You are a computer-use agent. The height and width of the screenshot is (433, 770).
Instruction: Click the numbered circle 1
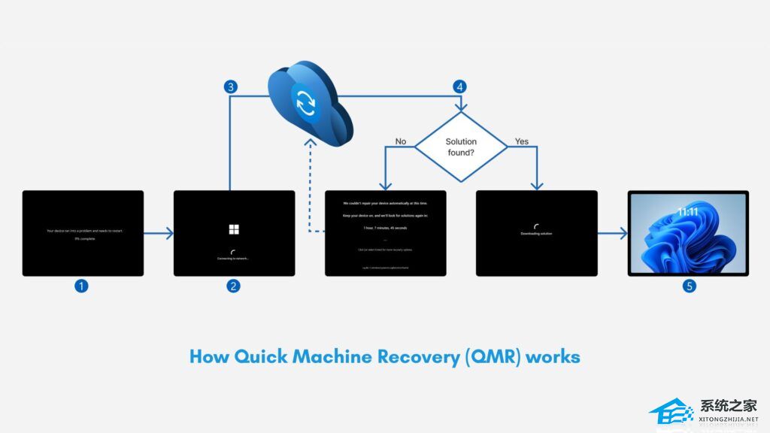click(82, 286)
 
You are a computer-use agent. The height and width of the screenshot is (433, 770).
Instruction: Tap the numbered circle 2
click(234, 286)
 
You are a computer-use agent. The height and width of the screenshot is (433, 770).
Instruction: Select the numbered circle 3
click(232, 86)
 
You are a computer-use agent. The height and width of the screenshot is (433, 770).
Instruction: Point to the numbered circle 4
click(459, 86)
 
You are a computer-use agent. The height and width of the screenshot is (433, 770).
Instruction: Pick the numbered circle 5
click(688, 286)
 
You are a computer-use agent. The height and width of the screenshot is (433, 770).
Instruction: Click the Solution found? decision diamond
click(461, 147)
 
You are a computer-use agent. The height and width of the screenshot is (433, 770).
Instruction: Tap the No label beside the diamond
click(401, 141)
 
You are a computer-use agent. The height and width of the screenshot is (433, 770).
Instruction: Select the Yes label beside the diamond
click(521, 141)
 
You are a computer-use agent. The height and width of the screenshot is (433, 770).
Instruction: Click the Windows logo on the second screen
click(234, 229)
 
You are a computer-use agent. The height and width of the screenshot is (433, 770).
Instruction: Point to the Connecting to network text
click(234, 259)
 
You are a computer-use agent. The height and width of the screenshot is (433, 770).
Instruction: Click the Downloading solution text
click(536, 234)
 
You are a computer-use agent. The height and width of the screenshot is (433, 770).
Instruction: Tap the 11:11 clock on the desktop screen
click(687, 213)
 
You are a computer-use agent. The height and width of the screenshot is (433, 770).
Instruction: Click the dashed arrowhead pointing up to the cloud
click(309, 144)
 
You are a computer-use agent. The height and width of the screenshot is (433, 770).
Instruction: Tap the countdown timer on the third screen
click(385, 227)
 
